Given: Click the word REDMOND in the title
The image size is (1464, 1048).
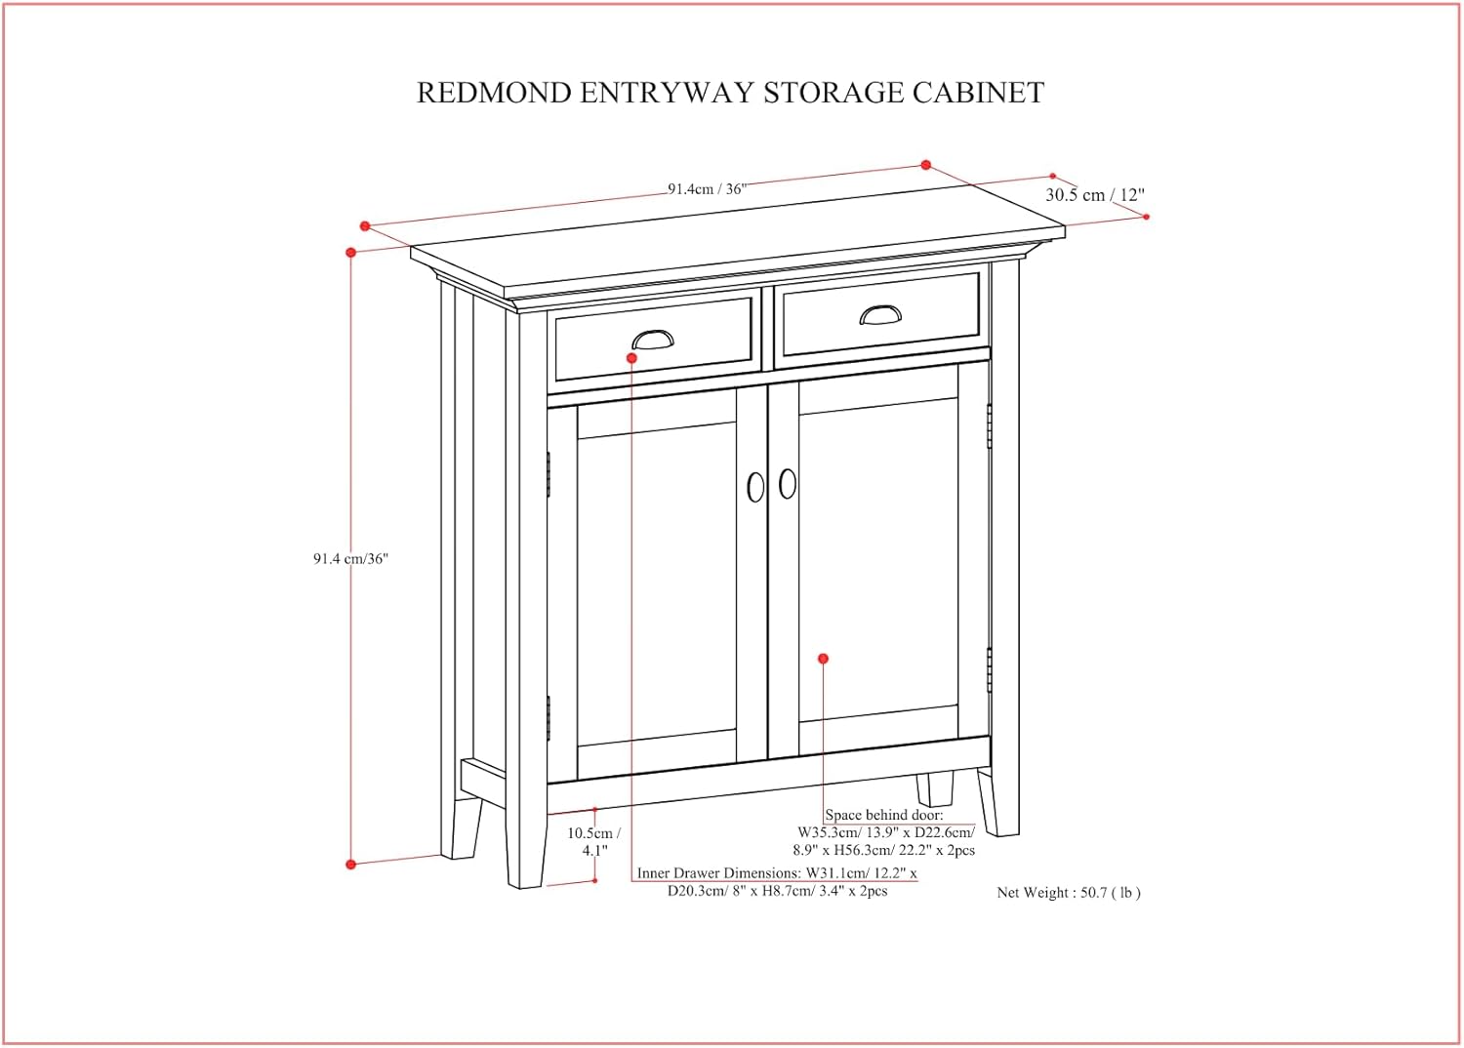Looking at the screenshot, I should (x=494, y=93).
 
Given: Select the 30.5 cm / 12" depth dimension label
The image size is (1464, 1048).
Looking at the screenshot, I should (x=1094, y=195).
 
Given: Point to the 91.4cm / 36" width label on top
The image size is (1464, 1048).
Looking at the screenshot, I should (x=707, y=189).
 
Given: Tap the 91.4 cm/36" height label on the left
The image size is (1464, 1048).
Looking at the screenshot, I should (x=350, y=559).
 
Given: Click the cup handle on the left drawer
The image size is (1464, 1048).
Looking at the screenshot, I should (x=653, y=340).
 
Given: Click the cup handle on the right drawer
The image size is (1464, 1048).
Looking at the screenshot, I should (x=880, y=314).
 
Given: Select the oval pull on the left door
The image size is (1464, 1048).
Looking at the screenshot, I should (x=755, y=488).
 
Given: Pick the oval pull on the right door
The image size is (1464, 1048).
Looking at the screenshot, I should (x=788, y=484).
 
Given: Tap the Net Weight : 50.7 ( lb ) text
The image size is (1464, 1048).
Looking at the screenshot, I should (x=1068, y=892).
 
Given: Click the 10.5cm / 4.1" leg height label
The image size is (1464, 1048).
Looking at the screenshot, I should (x=593, y=841).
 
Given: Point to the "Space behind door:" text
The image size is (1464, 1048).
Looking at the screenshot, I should (x=884, y=815).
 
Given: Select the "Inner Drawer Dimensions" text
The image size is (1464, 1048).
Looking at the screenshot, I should (x=718, y=873).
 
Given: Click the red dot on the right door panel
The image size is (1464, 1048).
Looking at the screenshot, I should (x=823, y=659).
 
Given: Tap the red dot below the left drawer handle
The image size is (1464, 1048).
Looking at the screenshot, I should (x=631, y=359).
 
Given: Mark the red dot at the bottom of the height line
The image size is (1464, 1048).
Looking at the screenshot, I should (x=351, y=865).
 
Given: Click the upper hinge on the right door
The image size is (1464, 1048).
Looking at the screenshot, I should (x=990, y=426).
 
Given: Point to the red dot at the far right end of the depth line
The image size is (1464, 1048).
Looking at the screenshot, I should (x=1146, y=217).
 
